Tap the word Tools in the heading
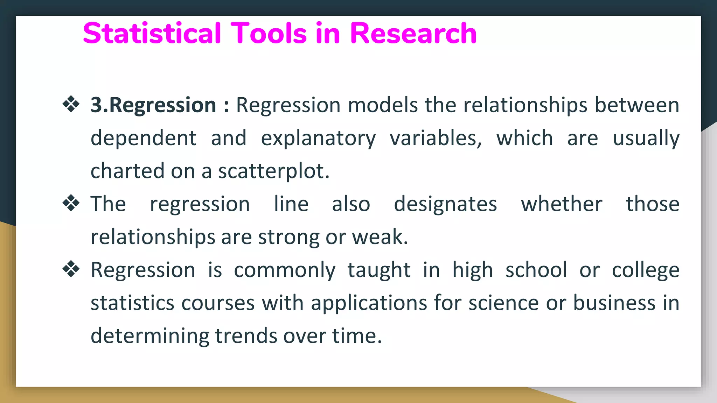point(268,33)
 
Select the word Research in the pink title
point(413,33)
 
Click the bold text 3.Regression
point(153,105)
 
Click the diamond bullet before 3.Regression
point(71,104)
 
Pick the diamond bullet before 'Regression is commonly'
point(71,269)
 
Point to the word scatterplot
point(273,171)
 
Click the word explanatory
point(318,138)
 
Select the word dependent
point(144,138)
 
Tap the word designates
point(445,204)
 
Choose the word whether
point(562,204)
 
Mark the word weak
point(380,237)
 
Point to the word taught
point(379,270)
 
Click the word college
point(646,270)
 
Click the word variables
point(436,138)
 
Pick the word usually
point(646,138)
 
